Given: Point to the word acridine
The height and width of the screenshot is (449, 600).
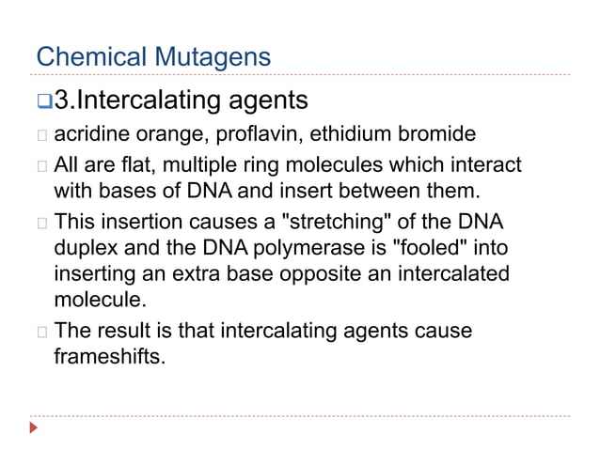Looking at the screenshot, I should tap(86, 134).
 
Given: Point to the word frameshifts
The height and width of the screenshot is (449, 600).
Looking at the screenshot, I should tap(108, 356).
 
